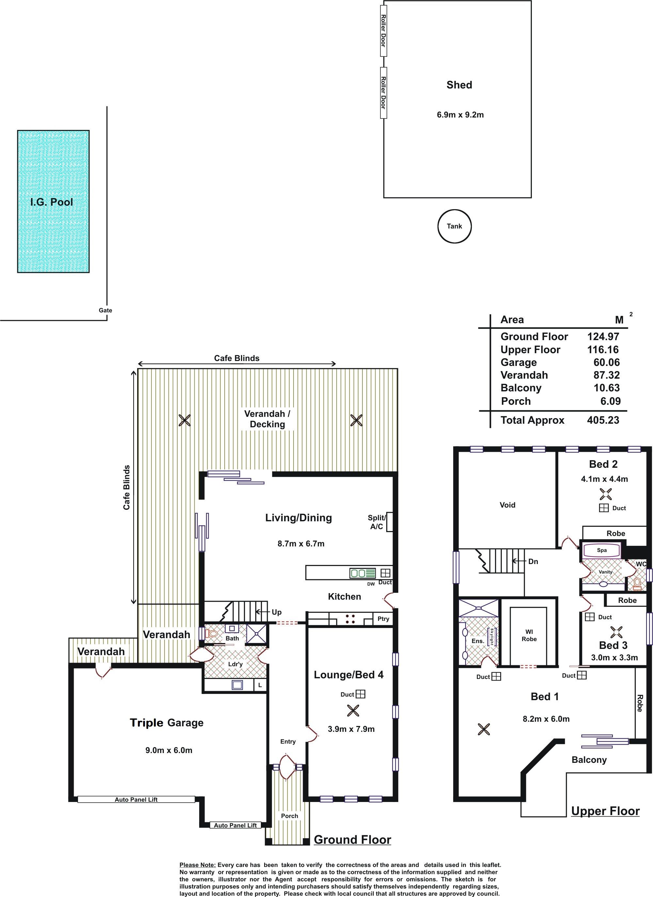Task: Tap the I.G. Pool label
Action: tap(52, 202)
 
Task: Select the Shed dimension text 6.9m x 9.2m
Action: tap(460, 115)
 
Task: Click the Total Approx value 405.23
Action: tap(603, 420)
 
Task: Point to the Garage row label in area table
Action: tap(518, 363)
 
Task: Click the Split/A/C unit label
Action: tap(376, 522)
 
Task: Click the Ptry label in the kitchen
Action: tap(383, 619)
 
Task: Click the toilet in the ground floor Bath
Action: tap(212, 634)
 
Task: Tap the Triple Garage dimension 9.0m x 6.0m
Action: tap(169, 750)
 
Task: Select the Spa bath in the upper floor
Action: tap(602, 550)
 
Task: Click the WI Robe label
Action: tap(529, 636)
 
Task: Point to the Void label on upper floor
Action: tap(507, 505)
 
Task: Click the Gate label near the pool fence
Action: tap(105, 310)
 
